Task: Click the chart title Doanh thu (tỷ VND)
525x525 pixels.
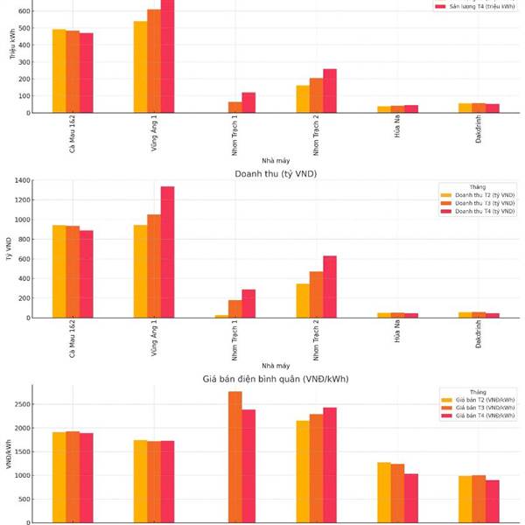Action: (276, 174)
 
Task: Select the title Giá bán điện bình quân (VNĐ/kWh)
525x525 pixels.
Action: (276, 379)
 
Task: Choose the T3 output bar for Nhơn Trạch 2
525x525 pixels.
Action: (316, 95)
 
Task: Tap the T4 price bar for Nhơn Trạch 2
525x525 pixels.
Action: (330, 465)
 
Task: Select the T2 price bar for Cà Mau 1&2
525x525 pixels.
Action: (59, 477)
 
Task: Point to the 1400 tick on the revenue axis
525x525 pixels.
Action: (22, 180)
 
